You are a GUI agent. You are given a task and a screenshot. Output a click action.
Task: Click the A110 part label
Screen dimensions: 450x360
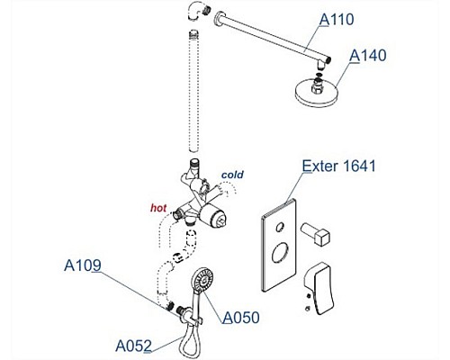coord(337,20)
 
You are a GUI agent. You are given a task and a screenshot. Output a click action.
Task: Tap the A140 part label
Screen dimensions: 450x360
coord(368,56)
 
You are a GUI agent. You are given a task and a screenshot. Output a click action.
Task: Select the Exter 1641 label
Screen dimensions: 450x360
coord(338,166)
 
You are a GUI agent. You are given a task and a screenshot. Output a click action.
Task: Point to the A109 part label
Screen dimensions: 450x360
coord(83,265)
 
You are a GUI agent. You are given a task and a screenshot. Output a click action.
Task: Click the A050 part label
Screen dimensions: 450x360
coord(241,318)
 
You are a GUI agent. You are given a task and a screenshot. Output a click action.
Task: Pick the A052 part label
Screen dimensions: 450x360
coord(133,346)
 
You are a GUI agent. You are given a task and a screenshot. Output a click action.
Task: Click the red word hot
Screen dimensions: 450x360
coord(158,208)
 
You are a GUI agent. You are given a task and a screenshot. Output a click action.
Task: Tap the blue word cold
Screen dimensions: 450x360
coord(232,175)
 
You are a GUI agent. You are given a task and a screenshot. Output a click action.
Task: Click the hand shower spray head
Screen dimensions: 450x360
coord(203,279)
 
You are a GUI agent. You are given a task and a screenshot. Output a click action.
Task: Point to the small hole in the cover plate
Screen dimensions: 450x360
coord(280,227)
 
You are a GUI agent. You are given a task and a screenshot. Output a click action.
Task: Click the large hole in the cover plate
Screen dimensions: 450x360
coord(280,253)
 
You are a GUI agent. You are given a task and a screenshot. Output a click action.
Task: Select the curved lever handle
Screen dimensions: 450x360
coord(319,288)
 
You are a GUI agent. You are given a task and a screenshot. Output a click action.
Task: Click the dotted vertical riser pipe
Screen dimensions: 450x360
coord(193,91)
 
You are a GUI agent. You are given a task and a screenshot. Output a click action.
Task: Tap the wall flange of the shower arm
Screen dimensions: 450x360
coord(219,19)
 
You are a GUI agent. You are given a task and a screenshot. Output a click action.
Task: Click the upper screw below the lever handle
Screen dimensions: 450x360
coord(308,296)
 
